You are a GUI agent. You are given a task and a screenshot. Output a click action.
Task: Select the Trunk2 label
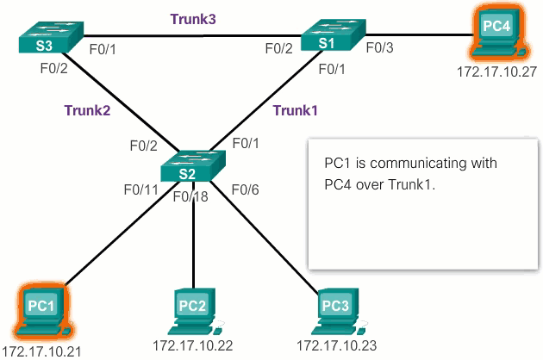point(86,109)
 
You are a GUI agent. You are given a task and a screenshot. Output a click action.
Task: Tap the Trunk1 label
point(296,109)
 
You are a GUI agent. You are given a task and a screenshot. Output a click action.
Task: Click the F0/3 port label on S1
point(380,48)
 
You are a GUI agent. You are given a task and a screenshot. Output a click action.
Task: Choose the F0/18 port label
point(190,197)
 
